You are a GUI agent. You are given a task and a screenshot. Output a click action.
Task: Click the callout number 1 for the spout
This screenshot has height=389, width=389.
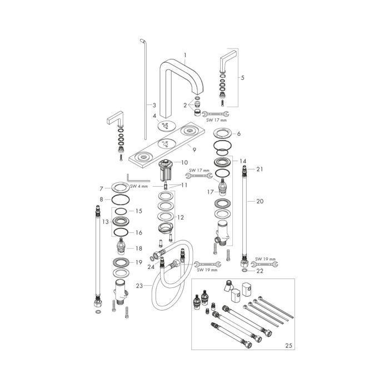point(186,56)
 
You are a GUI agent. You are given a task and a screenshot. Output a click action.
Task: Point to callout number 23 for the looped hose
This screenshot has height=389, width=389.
point(139,285)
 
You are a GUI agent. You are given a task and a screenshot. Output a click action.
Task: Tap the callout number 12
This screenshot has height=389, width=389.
point(180,218)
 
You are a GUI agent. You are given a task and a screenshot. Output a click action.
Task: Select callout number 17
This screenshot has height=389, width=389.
point(211,192)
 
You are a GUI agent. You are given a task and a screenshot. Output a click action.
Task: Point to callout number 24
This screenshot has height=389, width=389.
point(151,266)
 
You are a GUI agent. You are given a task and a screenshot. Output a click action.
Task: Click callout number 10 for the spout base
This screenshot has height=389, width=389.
point(184,162)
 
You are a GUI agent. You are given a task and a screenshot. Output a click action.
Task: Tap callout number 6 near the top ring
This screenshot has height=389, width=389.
point(238,134)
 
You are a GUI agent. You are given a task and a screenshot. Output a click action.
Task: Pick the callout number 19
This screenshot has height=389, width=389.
point(139,262)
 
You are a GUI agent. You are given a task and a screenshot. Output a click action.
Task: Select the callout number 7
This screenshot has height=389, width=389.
point(101,188)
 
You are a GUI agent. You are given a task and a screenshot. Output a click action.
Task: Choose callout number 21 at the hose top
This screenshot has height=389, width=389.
point(259,169)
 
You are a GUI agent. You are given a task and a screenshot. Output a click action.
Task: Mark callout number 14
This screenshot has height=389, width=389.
point(242,161)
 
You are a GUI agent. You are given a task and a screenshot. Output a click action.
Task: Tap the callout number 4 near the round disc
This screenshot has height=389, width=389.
point(156,116)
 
